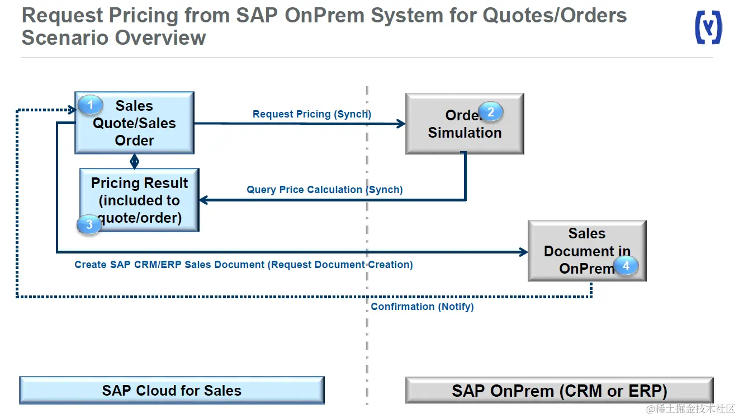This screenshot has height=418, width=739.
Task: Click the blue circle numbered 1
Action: pos(91,105)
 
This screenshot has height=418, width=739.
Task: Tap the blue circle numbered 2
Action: pos(491,112)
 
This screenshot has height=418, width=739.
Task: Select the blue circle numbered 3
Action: pos(89,224)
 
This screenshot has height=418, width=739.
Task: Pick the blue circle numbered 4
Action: pos(626,265)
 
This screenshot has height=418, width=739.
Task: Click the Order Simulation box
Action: pos(465,124)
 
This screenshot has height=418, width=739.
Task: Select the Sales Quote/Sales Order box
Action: pos(135,123)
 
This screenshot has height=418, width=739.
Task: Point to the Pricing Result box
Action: pos(140,200)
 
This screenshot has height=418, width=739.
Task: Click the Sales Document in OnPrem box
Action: pos(588,251)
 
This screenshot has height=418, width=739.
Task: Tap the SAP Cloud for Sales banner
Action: pos(172,390)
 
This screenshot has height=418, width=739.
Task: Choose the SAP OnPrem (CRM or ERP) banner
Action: pos(560,391)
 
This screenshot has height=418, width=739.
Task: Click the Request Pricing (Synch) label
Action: pos(312,114)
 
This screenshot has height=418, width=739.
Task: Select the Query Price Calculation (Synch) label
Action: pos(325,190)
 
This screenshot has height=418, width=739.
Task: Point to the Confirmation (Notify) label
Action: pos(422,307)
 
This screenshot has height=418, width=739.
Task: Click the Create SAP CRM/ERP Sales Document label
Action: pos(244,265)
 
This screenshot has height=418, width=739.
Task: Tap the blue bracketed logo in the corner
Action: pos(709,27)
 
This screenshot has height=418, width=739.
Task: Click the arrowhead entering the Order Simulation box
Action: pos(401,124)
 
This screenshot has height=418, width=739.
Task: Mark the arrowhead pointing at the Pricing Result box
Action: pos(204,200)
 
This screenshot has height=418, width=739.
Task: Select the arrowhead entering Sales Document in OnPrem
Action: pos(523,252)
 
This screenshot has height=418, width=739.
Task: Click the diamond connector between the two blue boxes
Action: pos(134,162)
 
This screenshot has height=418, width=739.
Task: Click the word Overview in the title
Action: pos(160,37)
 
